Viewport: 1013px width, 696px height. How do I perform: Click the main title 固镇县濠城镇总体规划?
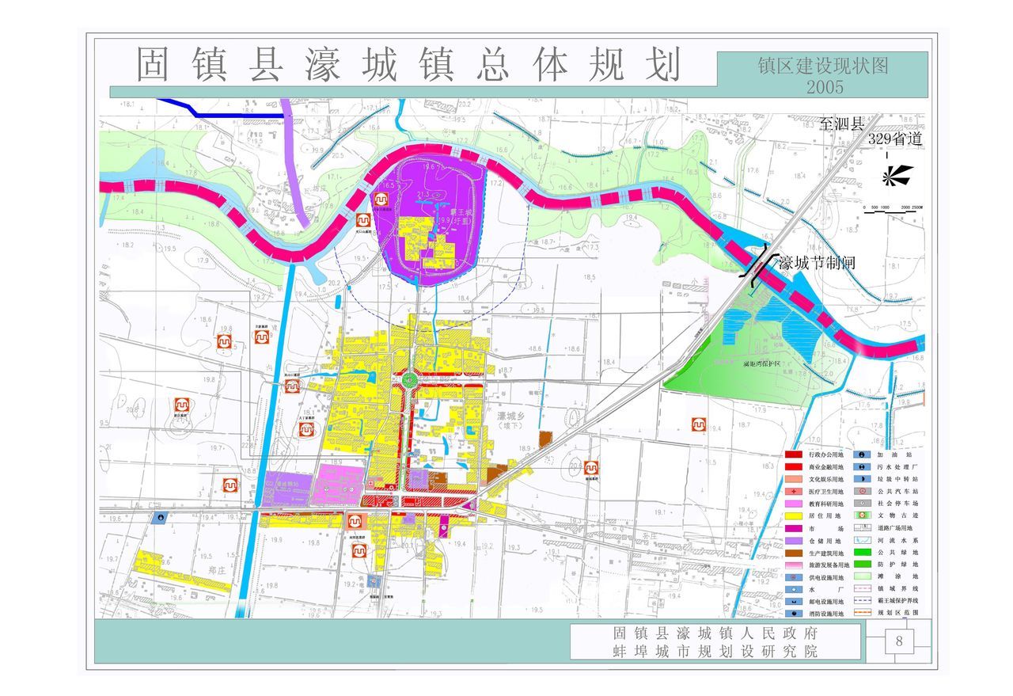pyautogui.click(x=408, y=65)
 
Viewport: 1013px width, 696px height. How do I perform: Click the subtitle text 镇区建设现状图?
pyautogui.click(x=821, y=65)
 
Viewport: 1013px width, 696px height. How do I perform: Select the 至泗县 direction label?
pyautogui.click(x=843, y=124)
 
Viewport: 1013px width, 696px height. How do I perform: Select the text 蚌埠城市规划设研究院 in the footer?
pyautogui.click(x=715, y=651)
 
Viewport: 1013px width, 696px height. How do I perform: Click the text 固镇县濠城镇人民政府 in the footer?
pyautogui.click(x=715, y=633)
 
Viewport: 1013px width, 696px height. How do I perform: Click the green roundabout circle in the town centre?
pyautogui.click(x=409, y=381)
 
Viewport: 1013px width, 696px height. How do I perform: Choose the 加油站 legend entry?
pyautogui.click(x=895, y=455)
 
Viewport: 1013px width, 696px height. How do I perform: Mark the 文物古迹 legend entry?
pyautogui.click(x=895, y=515)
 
